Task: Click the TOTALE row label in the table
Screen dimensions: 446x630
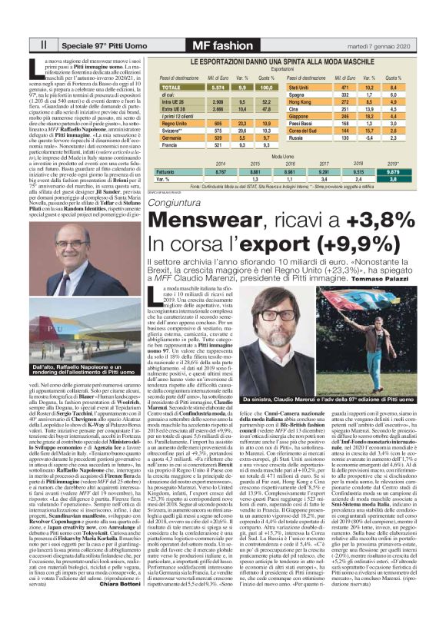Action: [x=171, y=88]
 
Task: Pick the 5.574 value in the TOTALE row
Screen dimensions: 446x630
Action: [x=217, y=88]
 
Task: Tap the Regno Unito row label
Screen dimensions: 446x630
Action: [x=175, y=123]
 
